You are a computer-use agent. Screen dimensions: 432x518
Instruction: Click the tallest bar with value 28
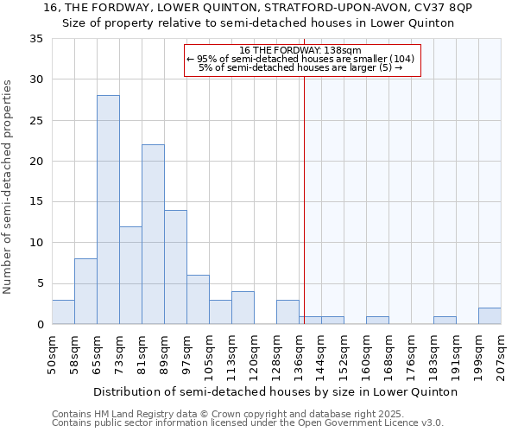[x=108, y=210]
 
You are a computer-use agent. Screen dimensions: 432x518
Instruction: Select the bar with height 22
[x=153, y=234]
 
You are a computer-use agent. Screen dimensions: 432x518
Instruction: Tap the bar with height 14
[x=175, y=267]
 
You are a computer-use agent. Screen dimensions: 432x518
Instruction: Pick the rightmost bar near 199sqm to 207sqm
[x=490, y=316]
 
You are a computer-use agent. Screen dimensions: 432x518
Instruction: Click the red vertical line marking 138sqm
[x=304, y=199]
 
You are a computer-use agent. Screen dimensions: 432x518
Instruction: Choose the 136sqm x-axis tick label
[x=299, y=353]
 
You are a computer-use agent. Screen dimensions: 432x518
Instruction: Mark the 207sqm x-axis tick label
[x=501, y=353]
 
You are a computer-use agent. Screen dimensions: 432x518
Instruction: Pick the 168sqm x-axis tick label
[x=388, y=353]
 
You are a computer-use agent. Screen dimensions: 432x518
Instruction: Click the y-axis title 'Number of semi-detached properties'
[x=9, y=186]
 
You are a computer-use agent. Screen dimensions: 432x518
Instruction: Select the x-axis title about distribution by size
[x=275, y=391]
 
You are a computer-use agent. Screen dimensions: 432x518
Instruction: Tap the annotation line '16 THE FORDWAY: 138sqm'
[x=302, y=50]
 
